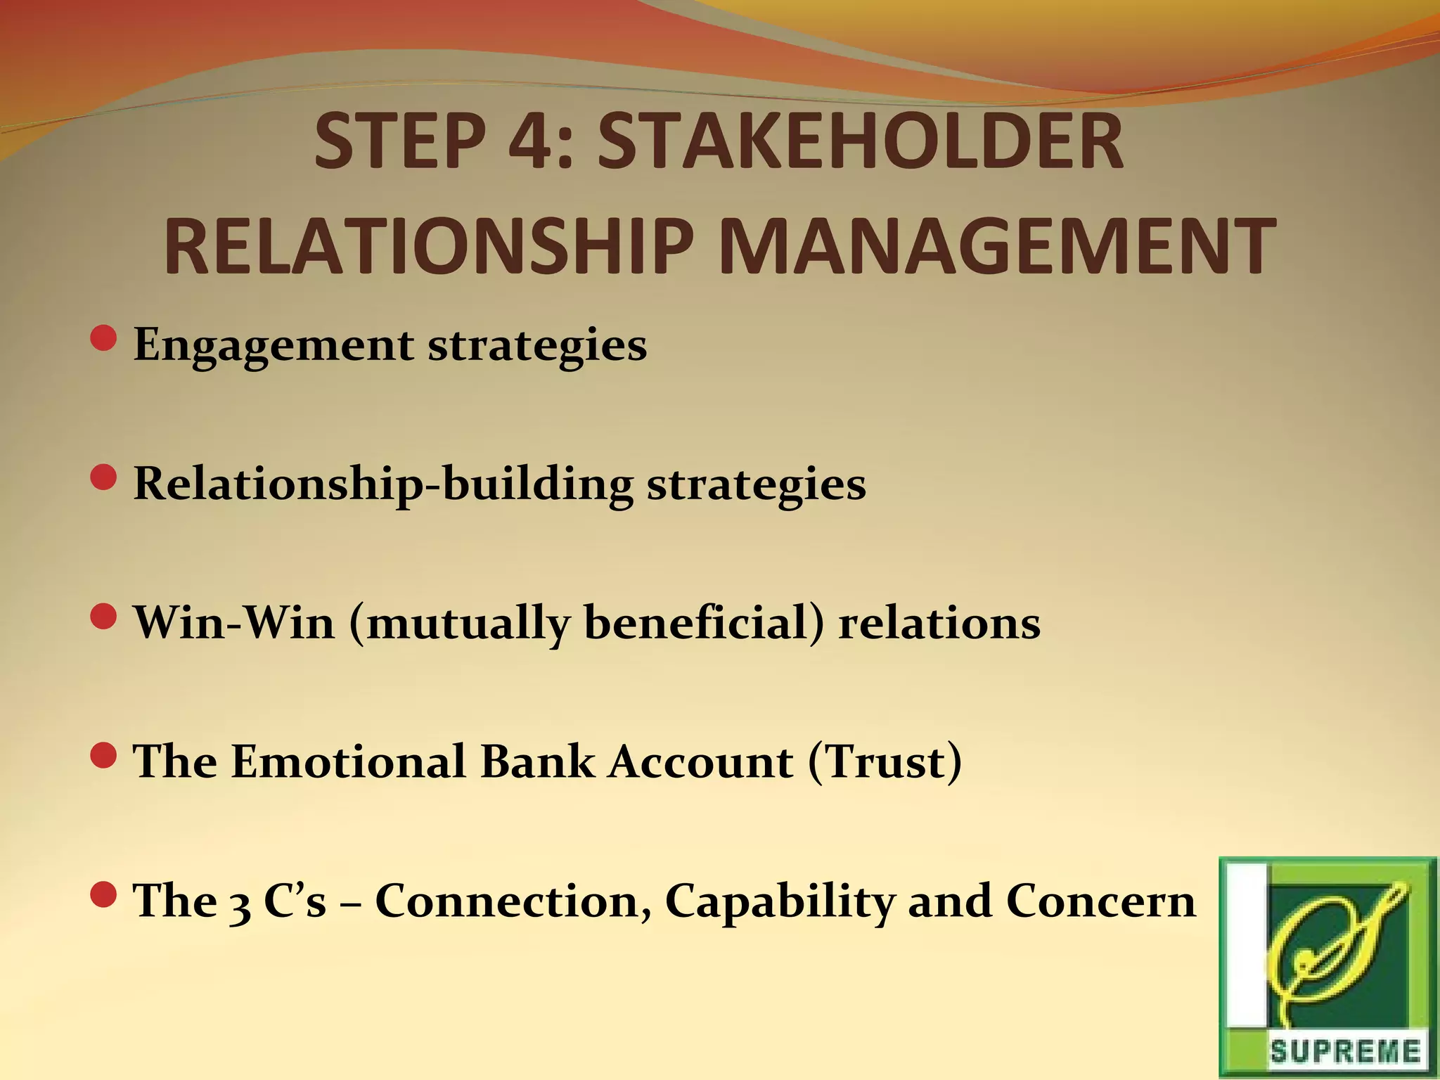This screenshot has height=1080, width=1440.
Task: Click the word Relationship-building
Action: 382,485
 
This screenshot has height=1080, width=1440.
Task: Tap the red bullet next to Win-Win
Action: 103,617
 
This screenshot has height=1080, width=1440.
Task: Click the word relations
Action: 939,623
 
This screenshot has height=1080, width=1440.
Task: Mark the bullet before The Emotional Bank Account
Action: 103,756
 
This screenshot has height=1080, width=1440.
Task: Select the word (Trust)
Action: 885,761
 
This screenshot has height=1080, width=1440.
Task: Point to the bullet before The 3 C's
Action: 103,894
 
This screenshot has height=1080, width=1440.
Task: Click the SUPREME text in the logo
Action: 1344,1052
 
